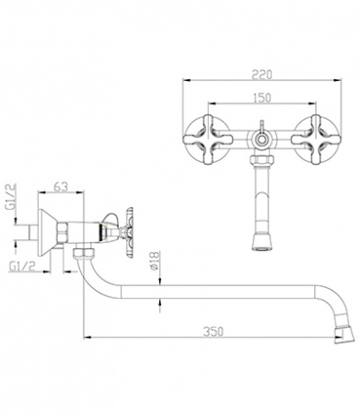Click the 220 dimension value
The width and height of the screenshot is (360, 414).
[261, 75]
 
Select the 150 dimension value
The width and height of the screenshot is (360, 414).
[261, 98]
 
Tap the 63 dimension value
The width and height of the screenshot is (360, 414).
[61, 187]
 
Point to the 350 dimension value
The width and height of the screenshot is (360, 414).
[214, 331]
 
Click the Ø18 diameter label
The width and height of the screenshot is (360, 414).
[155, 260]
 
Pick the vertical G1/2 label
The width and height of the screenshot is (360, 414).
[12, 197]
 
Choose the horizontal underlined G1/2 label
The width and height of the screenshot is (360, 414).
[22, 267]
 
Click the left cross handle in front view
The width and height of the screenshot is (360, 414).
[207, 139]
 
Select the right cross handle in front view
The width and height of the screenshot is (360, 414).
[316, 139]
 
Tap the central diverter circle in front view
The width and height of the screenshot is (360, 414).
[261, 141]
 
